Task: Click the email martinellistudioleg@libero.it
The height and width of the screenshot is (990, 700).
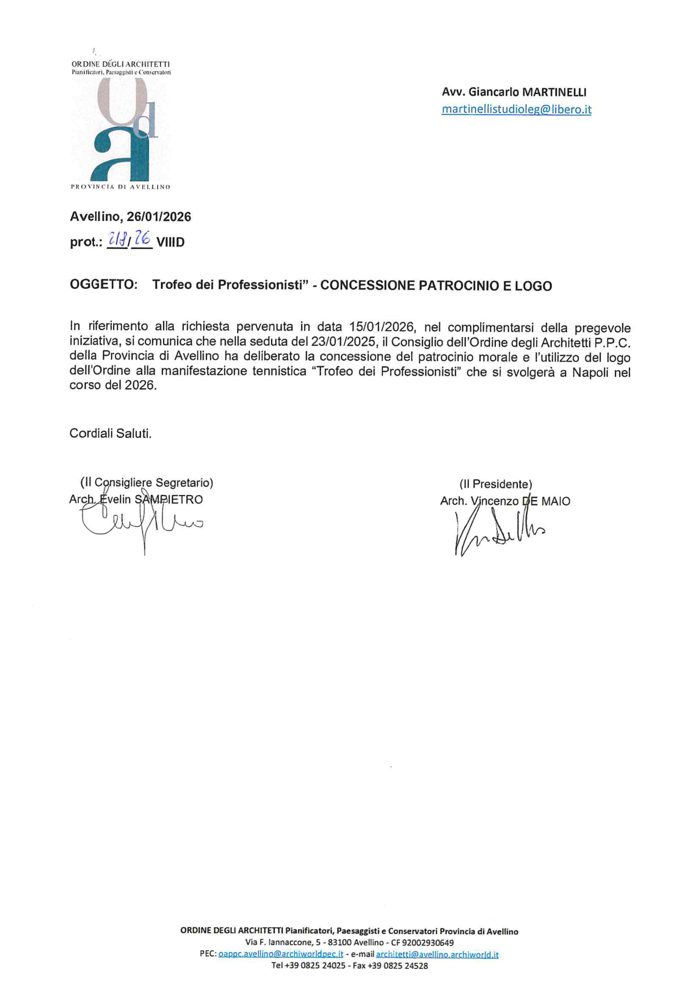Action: coord(516,109)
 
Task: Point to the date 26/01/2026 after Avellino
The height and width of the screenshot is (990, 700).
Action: coord(159,217)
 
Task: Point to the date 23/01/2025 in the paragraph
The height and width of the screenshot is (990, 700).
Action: coord(342,341)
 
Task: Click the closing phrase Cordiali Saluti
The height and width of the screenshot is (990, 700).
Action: coord(110,434)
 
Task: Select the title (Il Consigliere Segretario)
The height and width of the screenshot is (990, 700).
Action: coord(147,483)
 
